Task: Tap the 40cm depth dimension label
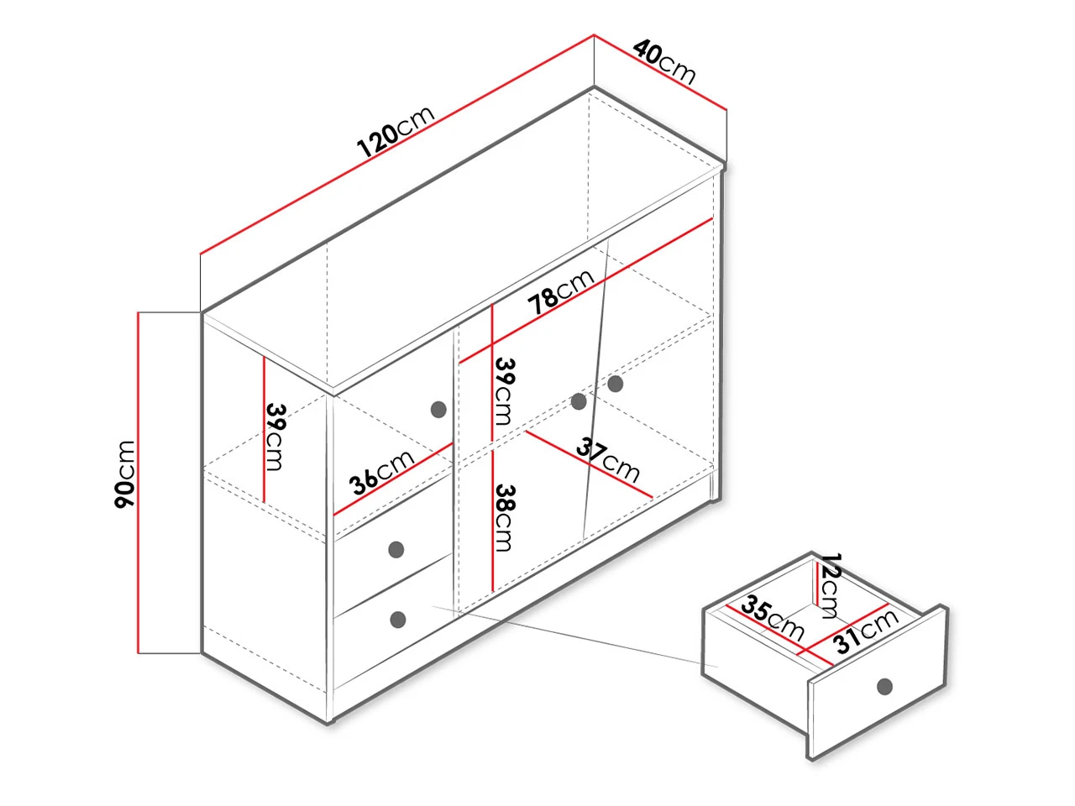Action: click(x=664, y=61)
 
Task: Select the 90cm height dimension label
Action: click(x=124, y=474)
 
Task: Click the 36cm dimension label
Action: click(x=381, y=472)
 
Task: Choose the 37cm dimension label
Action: click(x=608, y=460)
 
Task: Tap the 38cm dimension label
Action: click(x=505, y=518)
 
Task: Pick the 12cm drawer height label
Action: click(x=829, y=586)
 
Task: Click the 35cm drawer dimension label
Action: click(x=773, y=618)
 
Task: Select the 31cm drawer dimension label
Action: click(x=867, y=631)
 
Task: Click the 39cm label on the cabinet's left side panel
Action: click(x=275, y=437)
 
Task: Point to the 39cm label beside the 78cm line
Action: click(x=505, y=391)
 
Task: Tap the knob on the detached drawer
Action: click(x=885, y=686)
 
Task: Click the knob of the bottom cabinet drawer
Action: click(x=398, y=620)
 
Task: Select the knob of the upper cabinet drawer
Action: click(x=396, y=550)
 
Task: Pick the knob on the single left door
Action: click(x=438, y=410)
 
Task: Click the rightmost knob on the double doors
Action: click(x=616, y=384)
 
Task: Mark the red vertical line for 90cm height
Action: click(x=139, y=482)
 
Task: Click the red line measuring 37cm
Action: click(x=590, y=465)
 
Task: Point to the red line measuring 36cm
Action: click(x=393, y=479)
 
